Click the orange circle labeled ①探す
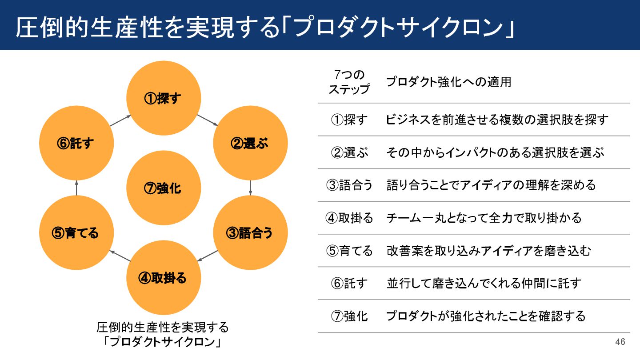(x=164, y=98)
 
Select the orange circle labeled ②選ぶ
(x=251, y=143)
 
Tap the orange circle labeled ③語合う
(x=251, y=232)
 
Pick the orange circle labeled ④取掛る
(x=164, y=278)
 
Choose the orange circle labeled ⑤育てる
(x=76, y=232)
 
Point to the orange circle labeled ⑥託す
(x=76, y=143)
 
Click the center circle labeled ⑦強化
(x=164, y=188)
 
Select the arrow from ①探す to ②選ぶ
(x=207, y=120)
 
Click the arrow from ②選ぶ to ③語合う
(x=251, y=187)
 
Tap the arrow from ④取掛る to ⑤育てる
(x=120, y=256)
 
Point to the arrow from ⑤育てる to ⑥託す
(x=76, y=187)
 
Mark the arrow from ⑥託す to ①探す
(x=120, y=120)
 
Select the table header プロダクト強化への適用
(x=448, y=82)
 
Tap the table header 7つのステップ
(x=349, y=82)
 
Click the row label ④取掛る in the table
(x=349, y=218)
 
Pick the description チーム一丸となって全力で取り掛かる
(x=484, y=218)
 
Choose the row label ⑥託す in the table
(x=349, y=283)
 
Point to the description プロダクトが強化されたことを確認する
(x=486, y=316)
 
